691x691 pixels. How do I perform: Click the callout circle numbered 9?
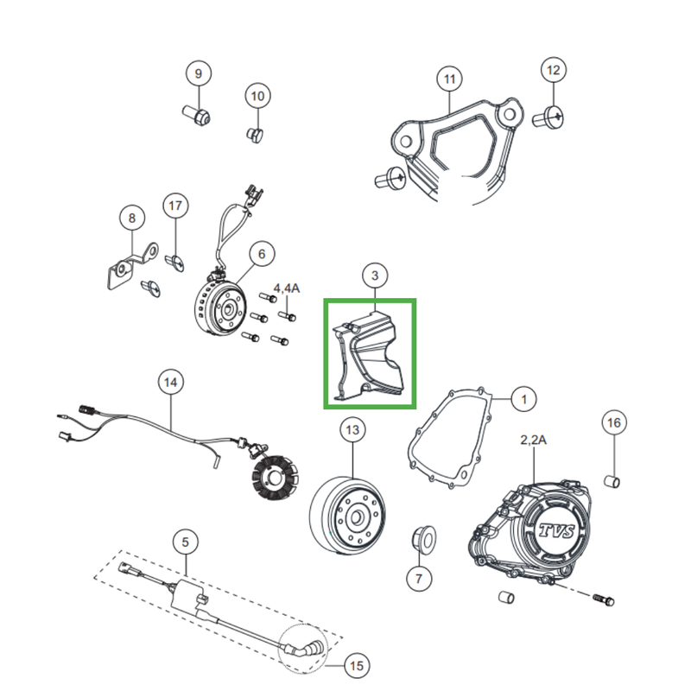(x=198, y=73)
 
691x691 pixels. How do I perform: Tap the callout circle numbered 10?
(x=257, y=96)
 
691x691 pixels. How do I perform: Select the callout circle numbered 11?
(x=449, y=80)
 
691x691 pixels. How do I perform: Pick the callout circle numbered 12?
(x=554, y=69)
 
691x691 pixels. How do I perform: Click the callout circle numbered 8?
(x=131, y=219)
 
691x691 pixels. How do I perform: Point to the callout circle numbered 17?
(x=175, y=206)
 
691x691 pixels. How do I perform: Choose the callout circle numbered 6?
(x=261, y=254)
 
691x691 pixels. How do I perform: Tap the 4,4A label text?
(x=286, y=287)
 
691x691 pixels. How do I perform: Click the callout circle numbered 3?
(x=375, y=276)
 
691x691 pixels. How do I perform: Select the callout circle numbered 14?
(x=171, y=381)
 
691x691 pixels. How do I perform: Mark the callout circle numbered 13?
(x=352, y=428)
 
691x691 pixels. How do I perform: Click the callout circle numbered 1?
(x=523, y=400)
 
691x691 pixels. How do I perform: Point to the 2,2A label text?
(x=533, y=441)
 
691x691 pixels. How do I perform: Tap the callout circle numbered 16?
(x=613, y=422)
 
